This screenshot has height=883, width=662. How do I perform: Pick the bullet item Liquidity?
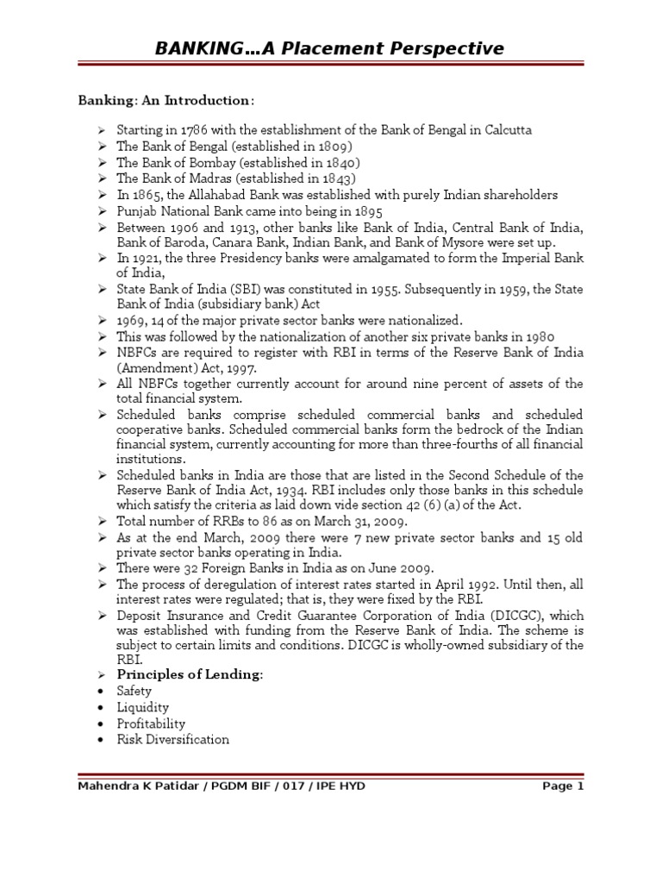(x=143, y=707)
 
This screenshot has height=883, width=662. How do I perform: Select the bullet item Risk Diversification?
(x=173, y=740)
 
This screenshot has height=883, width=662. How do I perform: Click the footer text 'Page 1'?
(x=563, y=786)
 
